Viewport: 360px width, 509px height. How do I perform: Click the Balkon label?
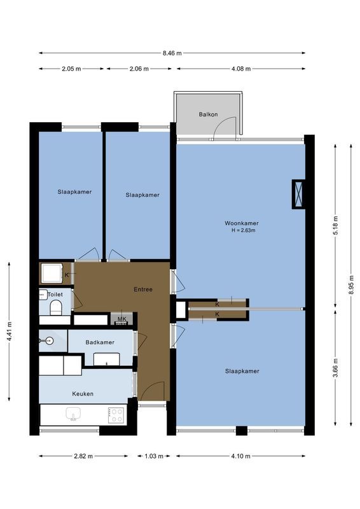coord(208,115)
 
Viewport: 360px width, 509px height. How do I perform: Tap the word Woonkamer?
coord(242,223)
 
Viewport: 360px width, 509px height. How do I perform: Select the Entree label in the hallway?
coord(142,289)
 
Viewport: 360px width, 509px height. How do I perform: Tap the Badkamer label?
coord(100,342)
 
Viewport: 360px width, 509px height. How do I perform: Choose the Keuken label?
coord(82,394)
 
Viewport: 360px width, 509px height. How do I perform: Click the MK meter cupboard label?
coord(122,318)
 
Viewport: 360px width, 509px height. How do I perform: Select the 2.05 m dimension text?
coord(71,69)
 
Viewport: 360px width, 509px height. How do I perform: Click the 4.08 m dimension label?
coord(240,69)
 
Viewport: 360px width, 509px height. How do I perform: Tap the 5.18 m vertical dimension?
coord(336,226)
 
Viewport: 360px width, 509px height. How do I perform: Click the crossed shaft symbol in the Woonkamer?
coord(298,195)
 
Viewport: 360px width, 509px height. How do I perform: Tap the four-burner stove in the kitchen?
coord(116,415)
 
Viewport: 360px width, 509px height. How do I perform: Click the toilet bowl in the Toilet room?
coord(55,309)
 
